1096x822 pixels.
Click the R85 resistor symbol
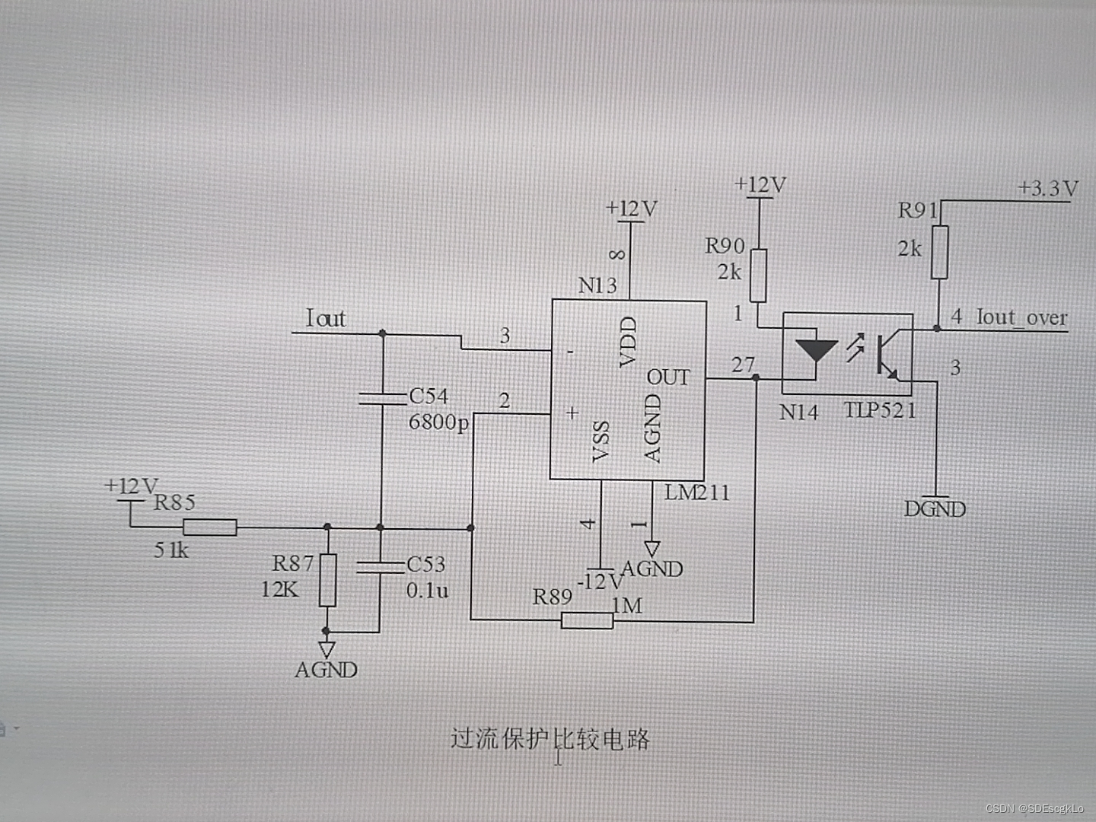(209, 527)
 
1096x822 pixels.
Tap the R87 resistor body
(327, 580)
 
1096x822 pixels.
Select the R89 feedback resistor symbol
(587, 621)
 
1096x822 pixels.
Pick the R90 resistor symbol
(758, 276)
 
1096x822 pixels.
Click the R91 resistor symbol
(941, 252)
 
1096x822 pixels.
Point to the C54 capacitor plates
(382, 398)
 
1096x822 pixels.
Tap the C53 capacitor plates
(380, 566)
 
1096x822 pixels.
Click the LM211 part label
(696, 493)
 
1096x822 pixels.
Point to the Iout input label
(326, 318)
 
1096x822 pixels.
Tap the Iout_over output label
(1021, 317)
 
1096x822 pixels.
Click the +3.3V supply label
(1048, 188)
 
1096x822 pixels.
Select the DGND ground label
(935, 509)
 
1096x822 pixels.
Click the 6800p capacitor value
(438, 422)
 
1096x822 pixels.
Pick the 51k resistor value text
(171, 550)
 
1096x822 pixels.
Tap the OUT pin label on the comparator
(668, 378)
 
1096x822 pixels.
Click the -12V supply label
(601, 582)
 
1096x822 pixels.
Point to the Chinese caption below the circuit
(550, 739)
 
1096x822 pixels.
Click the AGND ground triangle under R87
(327, 649)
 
